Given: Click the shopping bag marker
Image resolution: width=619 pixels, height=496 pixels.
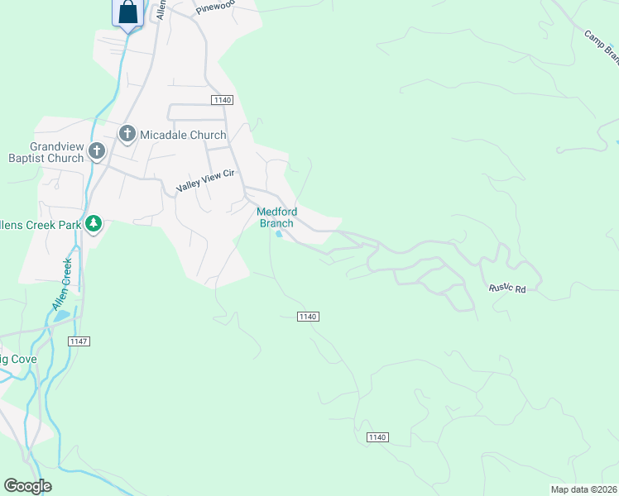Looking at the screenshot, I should [x=127, y=12].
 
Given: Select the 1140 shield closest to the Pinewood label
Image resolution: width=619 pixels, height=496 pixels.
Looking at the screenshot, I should [x=222, y=100].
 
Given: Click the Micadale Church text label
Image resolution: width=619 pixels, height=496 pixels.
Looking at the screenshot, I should [x=183, y=135].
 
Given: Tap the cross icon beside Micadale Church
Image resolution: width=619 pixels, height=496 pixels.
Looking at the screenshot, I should [x=127, y=134].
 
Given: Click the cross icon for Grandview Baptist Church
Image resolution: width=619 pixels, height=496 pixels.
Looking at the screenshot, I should [x=97, y=151].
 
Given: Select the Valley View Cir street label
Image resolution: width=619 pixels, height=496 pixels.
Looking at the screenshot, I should [x=206, y=181].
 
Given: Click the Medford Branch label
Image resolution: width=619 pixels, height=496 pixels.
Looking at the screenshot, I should [x=276, y=217].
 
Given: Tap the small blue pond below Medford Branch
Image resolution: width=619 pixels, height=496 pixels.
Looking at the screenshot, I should [x=279, y=235].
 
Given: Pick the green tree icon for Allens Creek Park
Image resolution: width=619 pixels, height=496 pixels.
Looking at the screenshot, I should [x=94, y=223].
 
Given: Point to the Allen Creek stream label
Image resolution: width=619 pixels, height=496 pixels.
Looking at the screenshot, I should [x=62, y=284].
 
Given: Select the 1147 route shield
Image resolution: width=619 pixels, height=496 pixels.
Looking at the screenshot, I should [x=79, y=341].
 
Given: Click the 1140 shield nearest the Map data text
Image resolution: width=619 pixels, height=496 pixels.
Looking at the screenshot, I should [x=376, y=436].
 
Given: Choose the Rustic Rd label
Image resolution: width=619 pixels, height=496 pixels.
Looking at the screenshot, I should [x=507, y=289].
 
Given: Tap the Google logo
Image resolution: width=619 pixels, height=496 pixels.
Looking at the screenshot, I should [x=27, y=486].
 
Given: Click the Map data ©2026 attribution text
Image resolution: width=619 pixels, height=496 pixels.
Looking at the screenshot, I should [x=584, y=489].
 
